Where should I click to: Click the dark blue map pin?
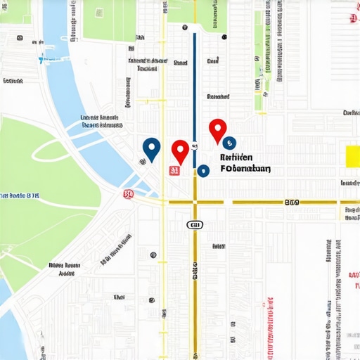coord(151,147)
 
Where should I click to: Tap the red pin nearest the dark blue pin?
coord(181,150)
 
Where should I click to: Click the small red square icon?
coord(174,170)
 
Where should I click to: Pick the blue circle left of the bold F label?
coord(203,170)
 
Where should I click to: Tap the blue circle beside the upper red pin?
coord(229,142)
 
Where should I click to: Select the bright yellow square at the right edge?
coord(352,156)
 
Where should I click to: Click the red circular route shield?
coord(127,194)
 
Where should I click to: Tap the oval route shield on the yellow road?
coord(195,224)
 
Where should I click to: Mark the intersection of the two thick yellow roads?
coord(195,202)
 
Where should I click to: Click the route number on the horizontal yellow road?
coord(292,202)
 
